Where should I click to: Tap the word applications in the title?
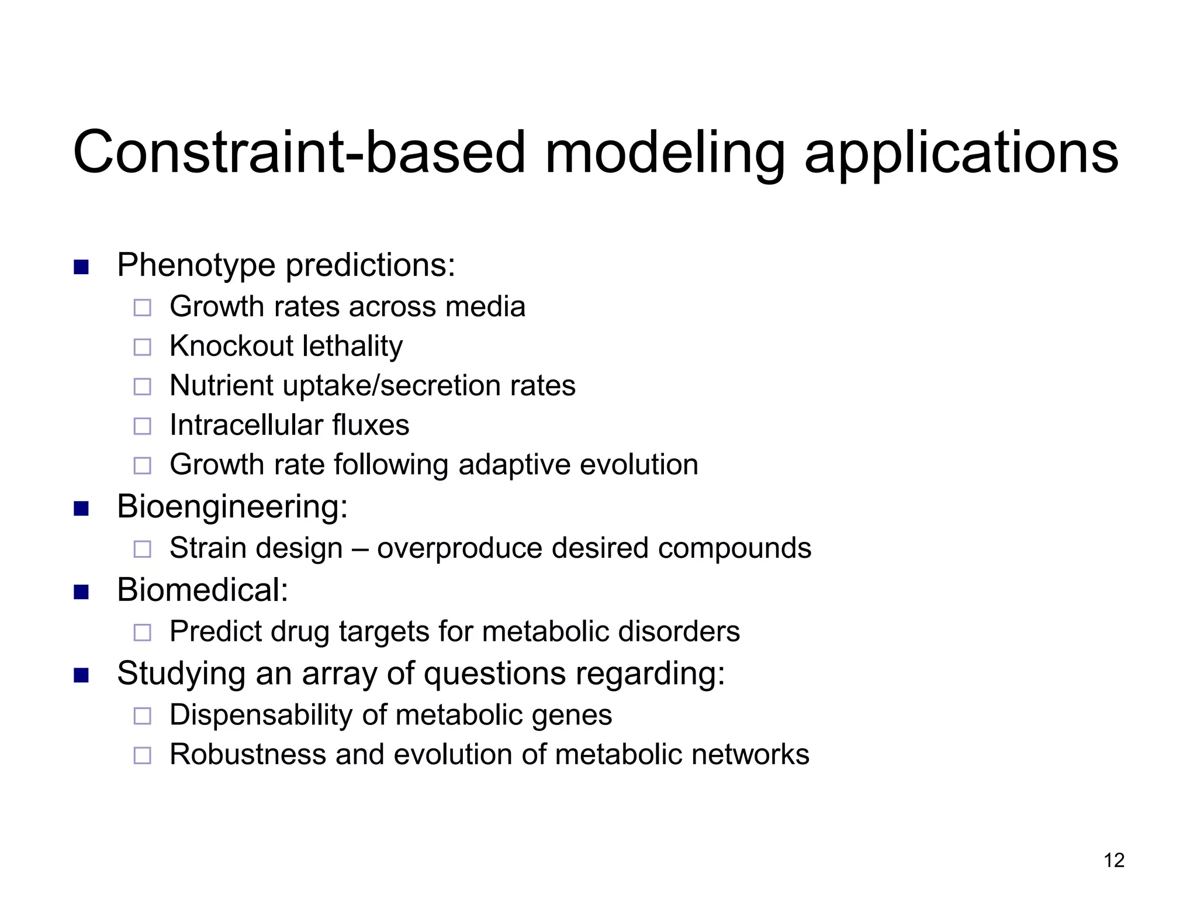click(x=961, y=153)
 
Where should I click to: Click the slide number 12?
click(x=1114, y=860)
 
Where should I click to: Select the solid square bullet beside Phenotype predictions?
click(x=81, y=268)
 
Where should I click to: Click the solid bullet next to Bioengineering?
click(x=81, y=509)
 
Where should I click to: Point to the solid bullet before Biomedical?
click(x=81, y=592)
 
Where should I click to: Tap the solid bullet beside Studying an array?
click(x=81, y=676)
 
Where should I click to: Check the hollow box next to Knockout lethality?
click(x=143, y=347)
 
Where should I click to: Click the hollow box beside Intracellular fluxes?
click(x=143, y=426)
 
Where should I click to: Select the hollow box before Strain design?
click(x=143, y=550)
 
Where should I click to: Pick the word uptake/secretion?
click(x=392, y=386)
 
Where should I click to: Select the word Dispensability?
click(x=261, y=715)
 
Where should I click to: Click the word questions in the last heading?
click(x=494, y=674)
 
